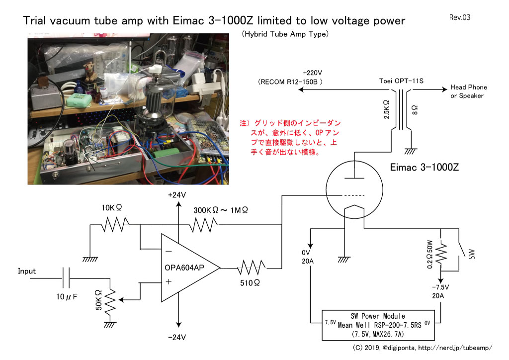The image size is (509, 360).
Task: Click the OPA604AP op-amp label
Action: (184, 268)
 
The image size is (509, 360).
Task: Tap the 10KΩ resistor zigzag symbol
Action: (115, 224)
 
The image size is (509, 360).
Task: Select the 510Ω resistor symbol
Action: (252, 268)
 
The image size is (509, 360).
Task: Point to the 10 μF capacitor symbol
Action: (66, 278)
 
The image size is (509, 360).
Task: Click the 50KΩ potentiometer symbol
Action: (111, 300)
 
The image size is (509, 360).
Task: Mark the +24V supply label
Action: (177, 195)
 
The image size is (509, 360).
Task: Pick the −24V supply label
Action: (177, 337)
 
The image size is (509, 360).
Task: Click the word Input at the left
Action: (27, 271)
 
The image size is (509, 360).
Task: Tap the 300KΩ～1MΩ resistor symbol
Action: (203, 225)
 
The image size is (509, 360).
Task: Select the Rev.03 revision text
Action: (460, 17)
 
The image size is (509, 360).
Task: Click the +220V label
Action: (312, 73)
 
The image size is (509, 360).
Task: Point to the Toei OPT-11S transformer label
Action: (401, 81)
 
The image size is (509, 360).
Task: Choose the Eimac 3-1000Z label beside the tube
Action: (424, 167)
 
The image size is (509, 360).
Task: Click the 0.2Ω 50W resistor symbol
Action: (440, 254)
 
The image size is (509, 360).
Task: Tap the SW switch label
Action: (472, 254)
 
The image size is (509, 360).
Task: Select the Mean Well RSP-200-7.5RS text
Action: (379, 325)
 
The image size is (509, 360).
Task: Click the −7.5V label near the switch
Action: (440, 287)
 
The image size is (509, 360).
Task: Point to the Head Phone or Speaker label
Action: (468, 91)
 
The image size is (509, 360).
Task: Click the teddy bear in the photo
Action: (90, 72)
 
